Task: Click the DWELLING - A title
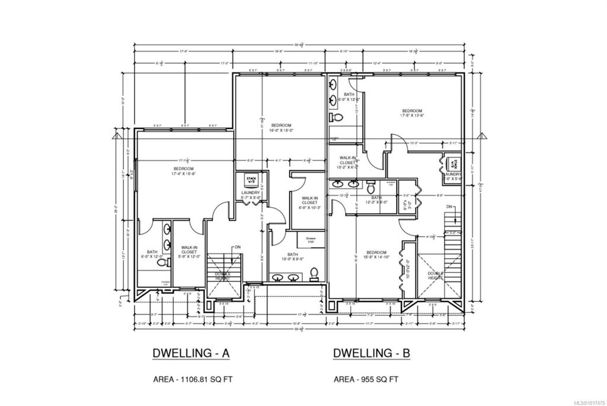point(190,354)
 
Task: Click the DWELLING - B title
point(372,354)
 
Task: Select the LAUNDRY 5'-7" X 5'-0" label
point(251,195)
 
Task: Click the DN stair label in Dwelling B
point(450,206)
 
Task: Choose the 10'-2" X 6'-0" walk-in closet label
point(348,163)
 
